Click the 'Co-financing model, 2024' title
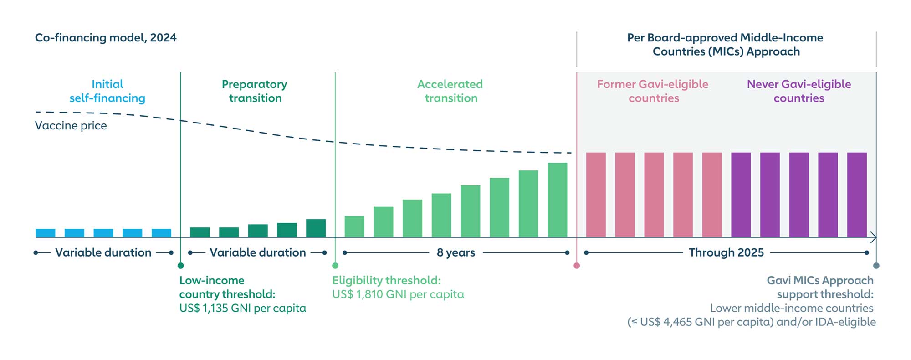coord(106,38)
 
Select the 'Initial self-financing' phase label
coord(107,91)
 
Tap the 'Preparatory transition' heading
coord(255,91)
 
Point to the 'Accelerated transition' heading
coord(450,91)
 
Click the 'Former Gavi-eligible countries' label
coord(653,91)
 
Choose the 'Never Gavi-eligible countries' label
coord(799,91)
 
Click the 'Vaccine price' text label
coord(71,126)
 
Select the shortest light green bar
coord(354,226)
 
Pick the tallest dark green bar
coord(316,228)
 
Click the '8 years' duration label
coord(456,252)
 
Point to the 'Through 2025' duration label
coord(726,252)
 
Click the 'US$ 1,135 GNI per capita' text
coord(243,309)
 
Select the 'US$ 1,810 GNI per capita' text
coord(398,294)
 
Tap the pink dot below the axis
coord(577,266)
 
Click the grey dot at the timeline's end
coord(876,266)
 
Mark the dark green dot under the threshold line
coord(181,266)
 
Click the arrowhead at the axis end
coord(873,237)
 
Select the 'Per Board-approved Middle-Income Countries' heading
coord(726,45)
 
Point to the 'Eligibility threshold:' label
coord(386,280)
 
